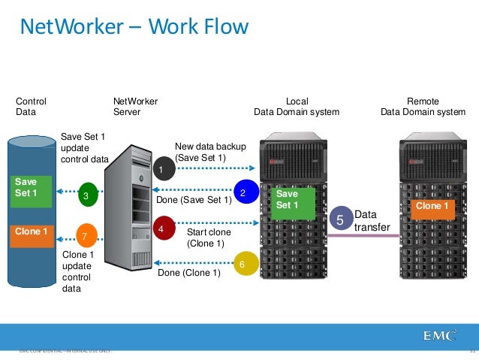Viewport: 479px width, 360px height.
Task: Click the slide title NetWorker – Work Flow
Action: [133, 28]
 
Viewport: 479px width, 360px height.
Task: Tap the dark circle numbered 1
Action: [161, 171]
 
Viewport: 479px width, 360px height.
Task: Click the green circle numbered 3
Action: [87, 196]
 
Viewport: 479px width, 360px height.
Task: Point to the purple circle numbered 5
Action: [339, 221]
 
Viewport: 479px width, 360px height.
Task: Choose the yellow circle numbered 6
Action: [243, 265]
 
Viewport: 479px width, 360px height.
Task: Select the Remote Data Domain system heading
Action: [423, 107]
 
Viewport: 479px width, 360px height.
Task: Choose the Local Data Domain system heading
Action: [297, 107]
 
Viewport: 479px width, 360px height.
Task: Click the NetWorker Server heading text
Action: [135, 107]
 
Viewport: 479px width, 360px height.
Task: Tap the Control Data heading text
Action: [32, 107]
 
